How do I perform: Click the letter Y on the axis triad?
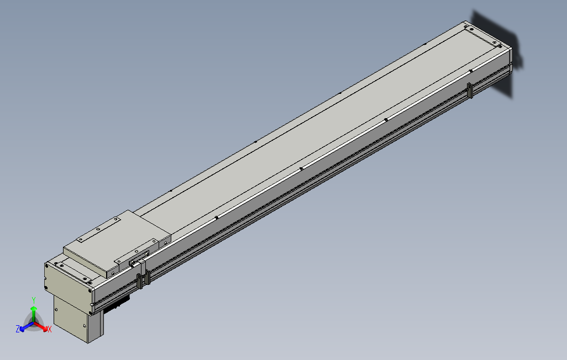[34, 299]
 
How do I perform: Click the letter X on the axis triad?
[49, 329]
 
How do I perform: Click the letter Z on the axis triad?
[18, 329]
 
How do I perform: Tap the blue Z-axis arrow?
[24, 326]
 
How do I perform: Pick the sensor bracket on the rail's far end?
[470, 90]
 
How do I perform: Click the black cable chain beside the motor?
[116, 304]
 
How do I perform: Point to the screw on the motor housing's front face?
[90, 313]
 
